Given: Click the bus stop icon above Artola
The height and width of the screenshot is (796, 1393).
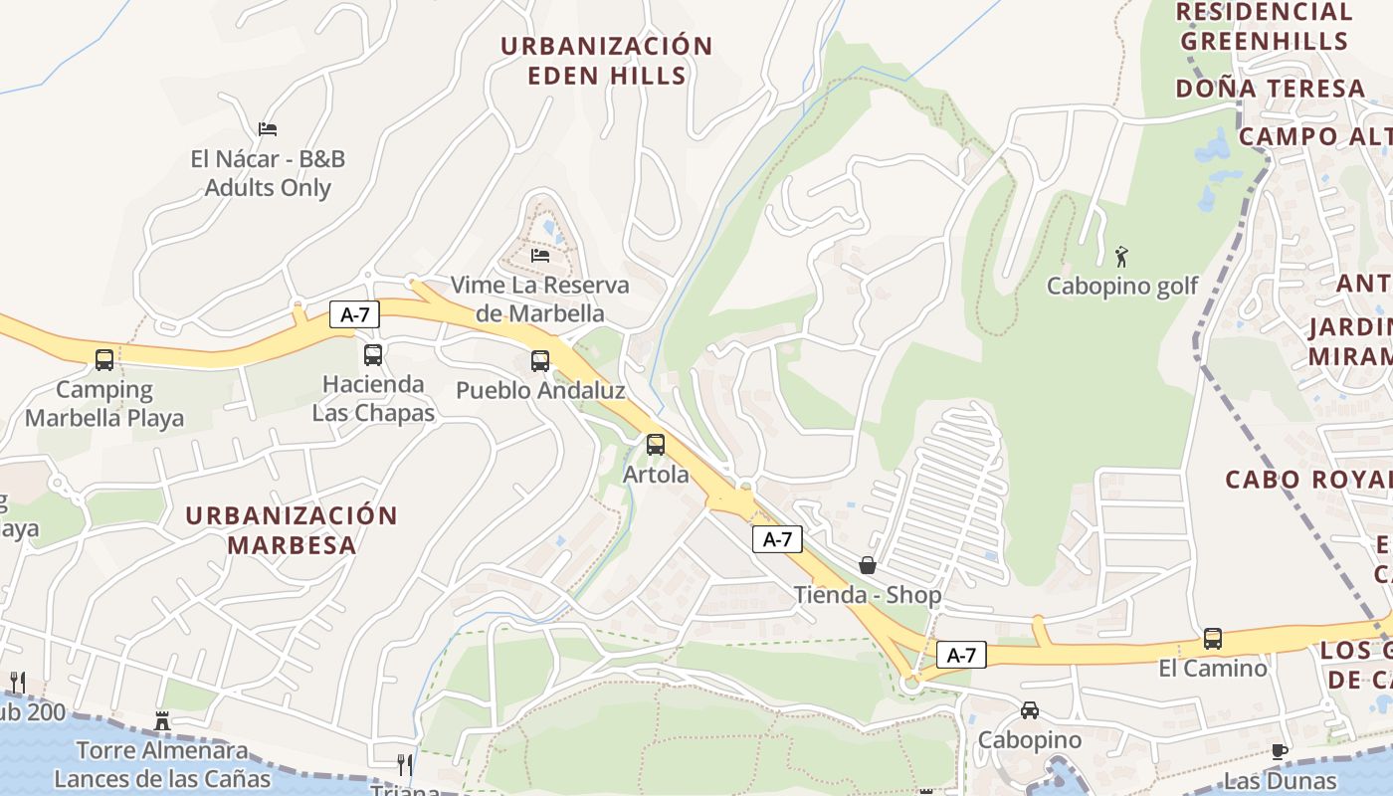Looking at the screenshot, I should click(655, 445).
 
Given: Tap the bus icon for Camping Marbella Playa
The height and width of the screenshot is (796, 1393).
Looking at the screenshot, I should click(104, 359).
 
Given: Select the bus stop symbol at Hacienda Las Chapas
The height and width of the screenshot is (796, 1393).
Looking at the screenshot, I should click(373, 354).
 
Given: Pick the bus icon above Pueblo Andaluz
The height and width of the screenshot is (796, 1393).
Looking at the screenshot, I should click(540, 360).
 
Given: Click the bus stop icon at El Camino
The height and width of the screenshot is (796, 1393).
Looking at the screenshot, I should click(1212, 639).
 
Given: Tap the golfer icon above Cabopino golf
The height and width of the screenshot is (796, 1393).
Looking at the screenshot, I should click(1122, 257).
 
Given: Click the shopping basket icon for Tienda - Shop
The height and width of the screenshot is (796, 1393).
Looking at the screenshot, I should click(868, 565).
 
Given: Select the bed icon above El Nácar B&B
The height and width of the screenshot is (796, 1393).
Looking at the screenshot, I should click(267, 129).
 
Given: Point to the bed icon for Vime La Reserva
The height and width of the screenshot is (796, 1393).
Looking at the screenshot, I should click(540, 255).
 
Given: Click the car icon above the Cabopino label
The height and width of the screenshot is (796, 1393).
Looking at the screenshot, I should click(1030, 710).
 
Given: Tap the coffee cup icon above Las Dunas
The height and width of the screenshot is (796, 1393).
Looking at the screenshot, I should click(1280, 751).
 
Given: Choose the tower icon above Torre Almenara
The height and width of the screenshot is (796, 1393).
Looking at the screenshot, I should click(162, 720).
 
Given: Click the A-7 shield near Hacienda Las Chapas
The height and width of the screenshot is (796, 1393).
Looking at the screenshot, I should click(355, 315).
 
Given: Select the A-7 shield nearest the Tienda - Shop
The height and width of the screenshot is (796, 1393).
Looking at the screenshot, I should click(776, 539).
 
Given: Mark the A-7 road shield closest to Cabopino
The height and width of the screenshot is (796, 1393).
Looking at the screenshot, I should click(961, 655).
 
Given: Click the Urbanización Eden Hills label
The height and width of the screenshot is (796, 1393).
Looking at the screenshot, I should click(606, 61).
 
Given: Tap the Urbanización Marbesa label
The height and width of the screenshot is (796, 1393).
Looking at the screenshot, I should click(292, 530).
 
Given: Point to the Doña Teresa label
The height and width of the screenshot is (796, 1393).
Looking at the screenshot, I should click(1270, 89).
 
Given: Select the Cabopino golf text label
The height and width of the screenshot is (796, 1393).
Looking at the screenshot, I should click(1122, 287).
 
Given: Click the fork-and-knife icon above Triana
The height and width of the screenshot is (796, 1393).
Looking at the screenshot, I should click(405, 764).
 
